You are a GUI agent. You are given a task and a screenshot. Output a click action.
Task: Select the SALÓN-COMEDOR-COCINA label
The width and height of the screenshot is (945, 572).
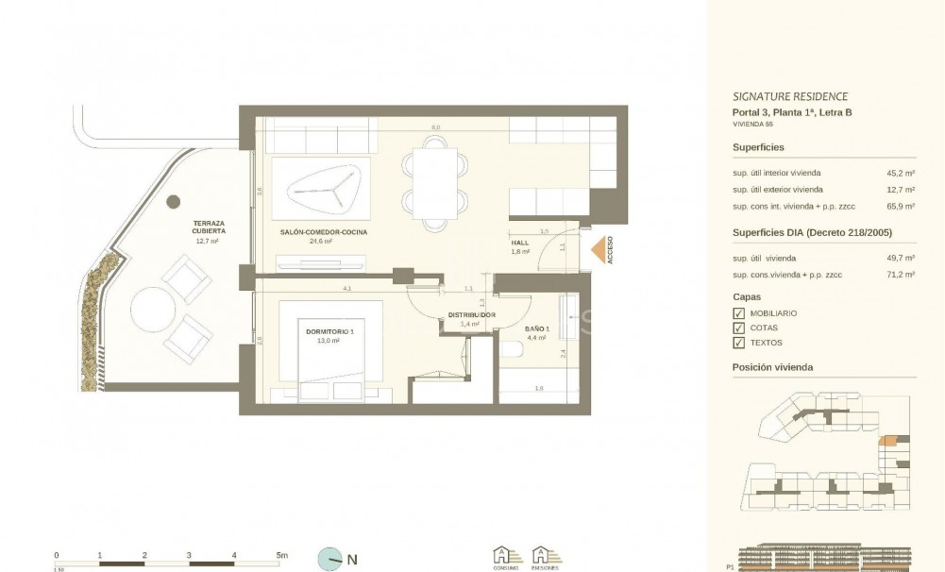coord(323,231)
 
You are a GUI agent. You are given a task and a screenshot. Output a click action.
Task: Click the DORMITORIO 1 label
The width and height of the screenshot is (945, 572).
coord(329,331)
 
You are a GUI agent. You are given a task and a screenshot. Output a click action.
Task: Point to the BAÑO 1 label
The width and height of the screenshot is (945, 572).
coord(536,328)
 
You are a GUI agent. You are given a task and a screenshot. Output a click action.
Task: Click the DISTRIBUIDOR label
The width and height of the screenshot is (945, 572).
coord(471,314)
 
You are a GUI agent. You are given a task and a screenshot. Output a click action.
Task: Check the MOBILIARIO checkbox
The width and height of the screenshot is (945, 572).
coord(738,312)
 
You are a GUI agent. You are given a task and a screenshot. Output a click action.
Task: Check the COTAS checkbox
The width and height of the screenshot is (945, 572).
coord(738,328)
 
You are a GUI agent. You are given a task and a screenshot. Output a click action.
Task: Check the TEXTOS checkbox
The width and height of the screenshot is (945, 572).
coord(738,343)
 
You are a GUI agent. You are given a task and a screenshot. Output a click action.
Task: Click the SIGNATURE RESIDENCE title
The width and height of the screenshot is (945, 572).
coord(789,96)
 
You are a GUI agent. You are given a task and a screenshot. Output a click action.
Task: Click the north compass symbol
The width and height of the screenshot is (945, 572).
coord(330,559)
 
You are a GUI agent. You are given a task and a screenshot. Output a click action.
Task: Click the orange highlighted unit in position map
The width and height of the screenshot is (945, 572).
coord(887,440)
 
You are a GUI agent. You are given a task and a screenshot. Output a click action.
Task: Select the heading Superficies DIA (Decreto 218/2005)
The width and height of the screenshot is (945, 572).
coord(812,233)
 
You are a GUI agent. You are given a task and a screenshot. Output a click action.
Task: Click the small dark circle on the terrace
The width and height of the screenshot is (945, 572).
coord(173,202)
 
